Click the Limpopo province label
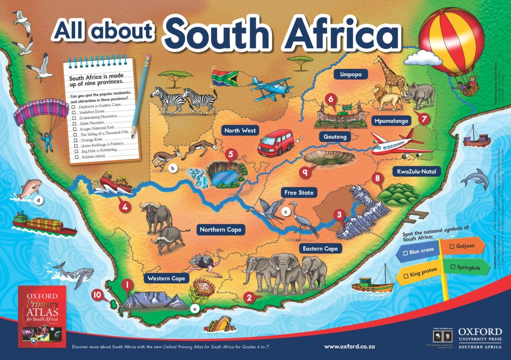click(x=351, y=74)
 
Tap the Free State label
click(x=299, y=193)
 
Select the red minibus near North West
click(x=276, y=143)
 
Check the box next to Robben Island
click(x=77, y=157)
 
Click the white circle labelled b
click(x=172, y=168)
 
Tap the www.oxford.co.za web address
click(x=347, y=346)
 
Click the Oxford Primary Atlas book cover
click(x=42, y=316)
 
